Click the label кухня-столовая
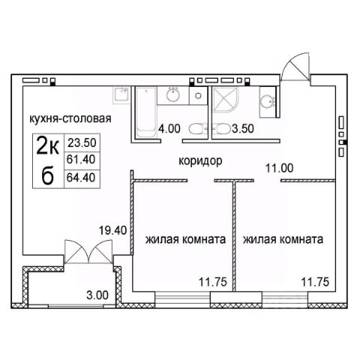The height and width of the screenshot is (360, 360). tap(70, 118)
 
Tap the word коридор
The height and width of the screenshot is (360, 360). tap(200, 161)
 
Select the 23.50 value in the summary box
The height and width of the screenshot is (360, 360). tap(82, 142)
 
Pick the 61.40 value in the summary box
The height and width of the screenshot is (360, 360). tap(81, 159)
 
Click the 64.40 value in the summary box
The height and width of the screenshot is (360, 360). tap(81, 178)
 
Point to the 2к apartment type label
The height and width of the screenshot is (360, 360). tap(48, 146)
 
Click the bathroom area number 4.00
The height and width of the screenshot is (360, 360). tap(169, 129)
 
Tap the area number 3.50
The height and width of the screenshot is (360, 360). tap(243, 128)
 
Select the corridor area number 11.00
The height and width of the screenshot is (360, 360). tap(279, 168)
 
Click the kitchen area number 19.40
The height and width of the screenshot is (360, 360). tap(113, 230)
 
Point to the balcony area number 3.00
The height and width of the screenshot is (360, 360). tap(97, 295)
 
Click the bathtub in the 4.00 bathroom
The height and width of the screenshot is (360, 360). tap(146, 112)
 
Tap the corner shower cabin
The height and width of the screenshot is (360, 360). tap(225, 100)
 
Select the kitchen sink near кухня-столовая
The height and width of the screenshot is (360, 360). tap(121, 94)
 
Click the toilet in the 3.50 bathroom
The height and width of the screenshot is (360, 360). tap(223, 129)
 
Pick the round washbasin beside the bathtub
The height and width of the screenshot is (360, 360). tap(173, 94)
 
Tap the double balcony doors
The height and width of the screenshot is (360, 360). tap(88, 251)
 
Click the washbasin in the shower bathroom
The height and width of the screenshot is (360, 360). tap(267, 102)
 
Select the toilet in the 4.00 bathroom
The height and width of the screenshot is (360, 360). tap(196, 129)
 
